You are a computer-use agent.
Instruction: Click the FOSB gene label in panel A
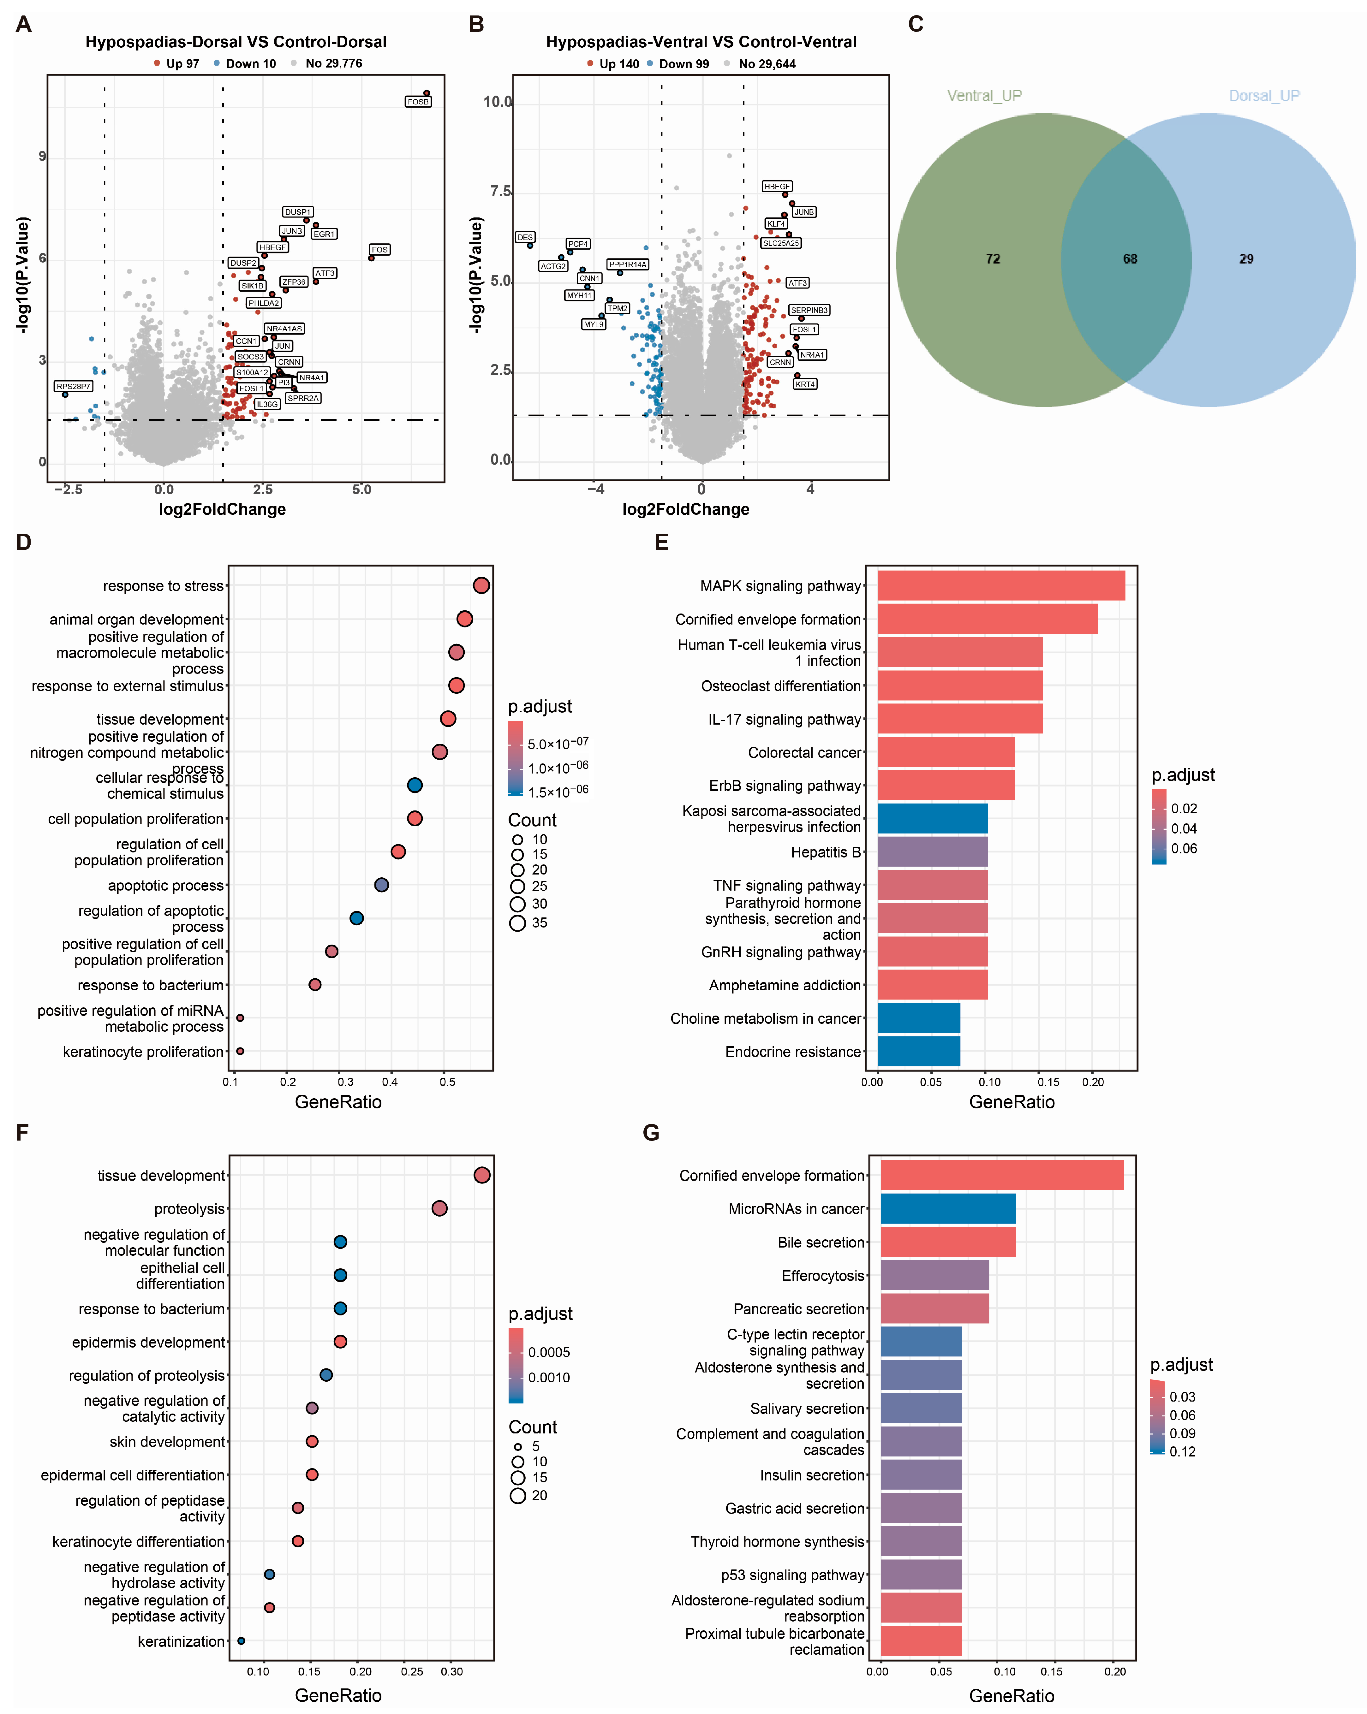tap(417, 102)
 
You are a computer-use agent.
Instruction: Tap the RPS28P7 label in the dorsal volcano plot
tap(73, 386)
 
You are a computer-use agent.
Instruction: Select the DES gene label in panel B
tap(525, 237)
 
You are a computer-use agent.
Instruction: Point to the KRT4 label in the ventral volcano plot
tap(805, 384)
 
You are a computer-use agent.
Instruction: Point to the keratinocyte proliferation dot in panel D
tap(240, 1051)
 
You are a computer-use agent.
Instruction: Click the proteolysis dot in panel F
tap(439, 1208)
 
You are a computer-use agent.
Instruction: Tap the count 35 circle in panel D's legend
tap(518, 923)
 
